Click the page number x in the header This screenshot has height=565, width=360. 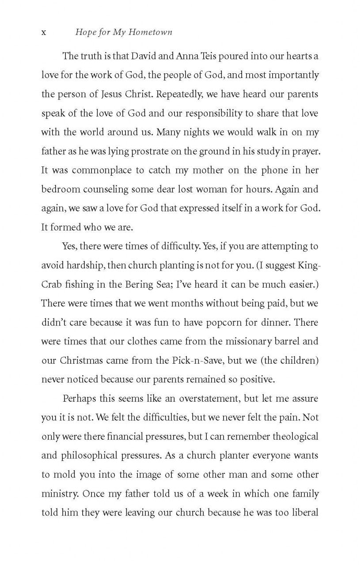tap(44, 32)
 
